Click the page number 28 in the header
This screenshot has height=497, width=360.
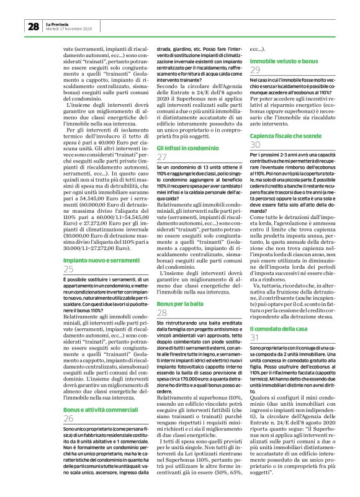(x=32, y=27)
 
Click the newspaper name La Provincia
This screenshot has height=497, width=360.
(x=58, y=24)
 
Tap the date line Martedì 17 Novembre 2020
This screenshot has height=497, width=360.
(x=69, y=29)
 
